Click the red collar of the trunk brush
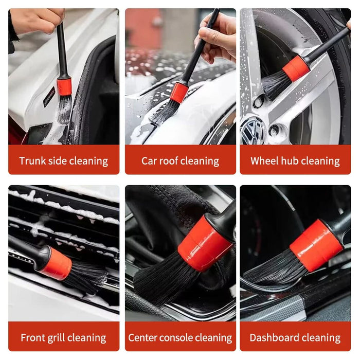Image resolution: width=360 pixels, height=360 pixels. click(64, 85)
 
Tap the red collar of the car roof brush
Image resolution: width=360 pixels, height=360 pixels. click(179, 92)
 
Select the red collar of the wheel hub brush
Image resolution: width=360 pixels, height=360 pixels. click(296, 69)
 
